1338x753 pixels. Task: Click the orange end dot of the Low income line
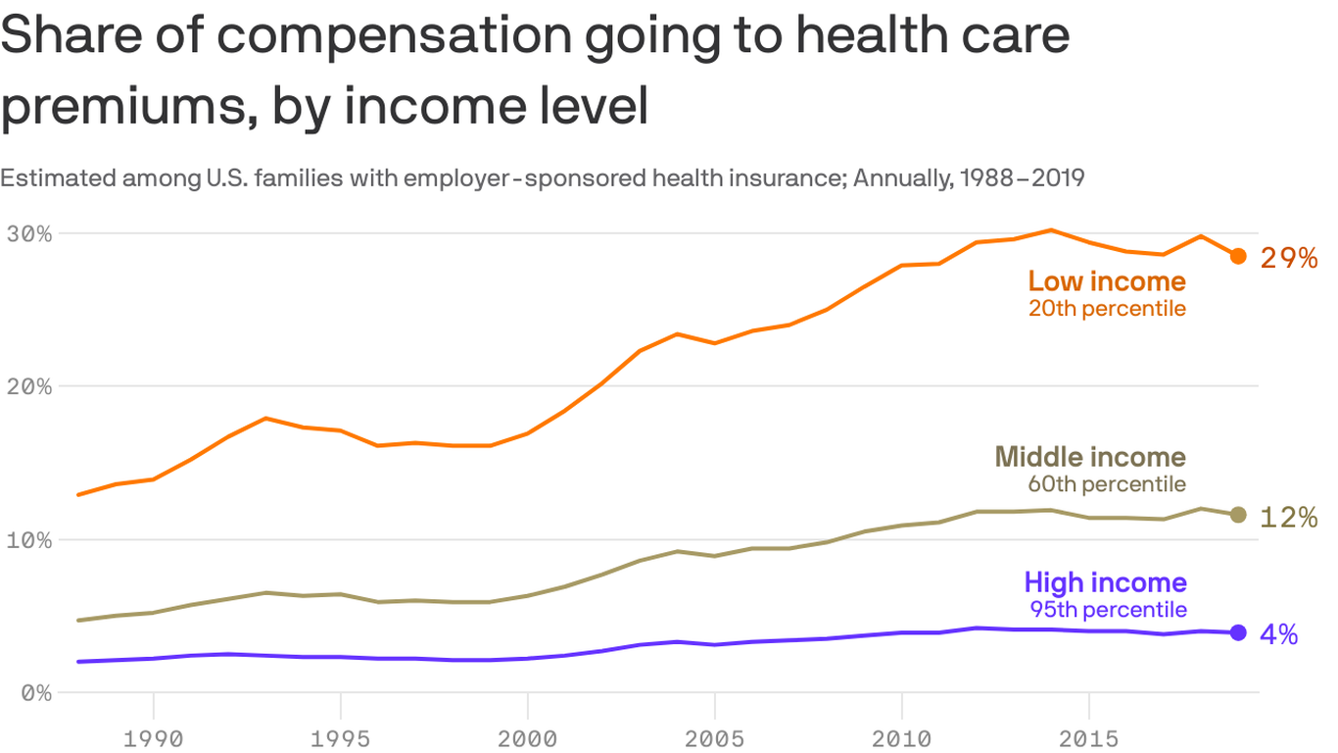coord(1238,256)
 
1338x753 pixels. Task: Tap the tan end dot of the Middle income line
coord(1238,515)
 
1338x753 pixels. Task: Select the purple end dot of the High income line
coord(1238,632)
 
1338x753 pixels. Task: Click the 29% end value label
coord(1289,258)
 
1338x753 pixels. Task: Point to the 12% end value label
coord(1289,517)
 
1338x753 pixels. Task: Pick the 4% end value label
coord(1279,634)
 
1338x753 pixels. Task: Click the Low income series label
coord(1107,281)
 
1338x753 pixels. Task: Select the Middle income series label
coord(1090,456)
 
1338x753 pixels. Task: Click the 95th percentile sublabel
coord(1108,609)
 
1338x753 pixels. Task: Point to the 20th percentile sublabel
coord(1107,308)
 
